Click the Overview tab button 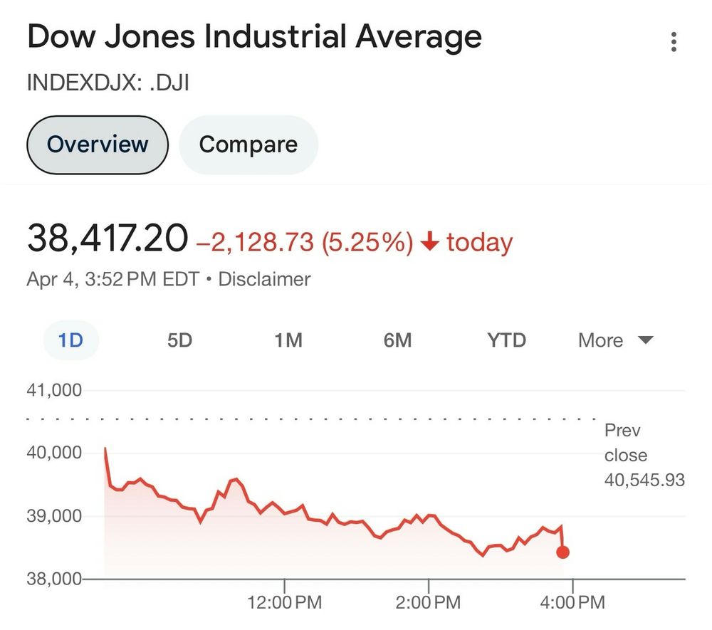(98, 145)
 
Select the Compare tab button (248, 145)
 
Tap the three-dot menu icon (674, 42)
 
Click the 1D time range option (71, 340)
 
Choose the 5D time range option (180, 340)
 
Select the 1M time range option (288, 340)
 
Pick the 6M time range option (397, 340)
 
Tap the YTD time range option (506, 340)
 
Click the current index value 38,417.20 (108, 238)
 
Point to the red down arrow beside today (429, 243)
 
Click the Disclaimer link (264, 279)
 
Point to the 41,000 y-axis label (55, 390)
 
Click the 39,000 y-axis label (55, 515)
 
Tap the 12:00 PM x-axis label (284, 603)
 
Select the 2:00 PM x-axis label (429, 603)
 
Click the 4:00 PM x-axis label (572, 603)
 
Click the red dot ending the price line (562, 552)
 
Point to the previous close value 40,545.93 (644, 481)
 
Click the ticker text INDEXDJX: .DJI (108, 83)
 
